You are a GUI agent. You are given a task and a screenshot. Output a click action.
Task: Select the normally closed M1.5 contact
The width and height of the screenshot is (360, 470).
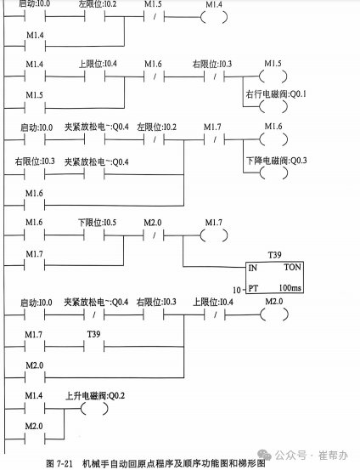[153, 17]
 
